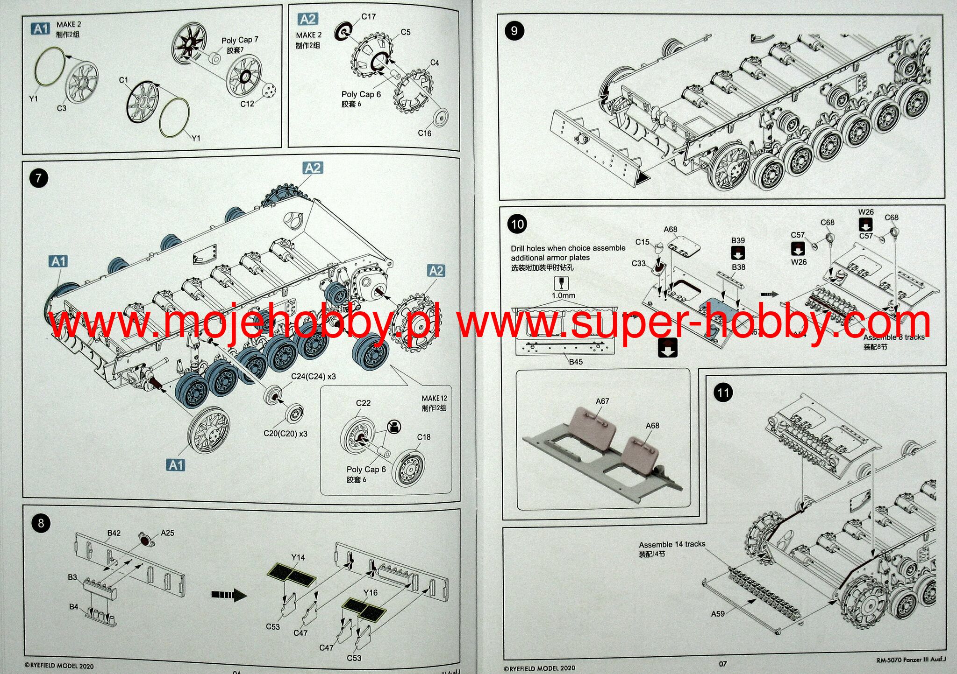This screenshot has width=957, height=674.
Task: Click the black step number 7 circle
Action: click(x=38, y=178)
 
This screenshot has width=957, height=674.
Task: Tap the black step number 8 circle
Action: click(x=41, y=523)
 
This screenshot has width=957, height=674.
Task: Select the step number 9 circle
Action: click(x=514, y=31)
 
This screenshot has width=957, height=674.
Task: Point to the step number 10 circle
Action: click(x=517, y=224)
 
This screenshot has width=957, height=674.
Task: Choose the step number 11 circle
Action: click(x=723, y=393)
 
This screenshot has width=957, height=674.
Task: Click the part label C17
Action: click(x=368, y=17)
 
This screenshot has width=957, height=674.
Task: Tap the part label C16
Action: click(x=424, y=133)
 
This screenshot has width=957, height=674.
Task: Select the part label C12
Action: click(x=247, y=104)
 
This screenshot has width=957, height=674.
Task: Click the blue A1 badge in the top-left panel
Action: click(x=41, y=28)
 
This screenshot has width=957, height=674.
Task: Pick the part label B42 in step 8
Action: click(x=114, y=533)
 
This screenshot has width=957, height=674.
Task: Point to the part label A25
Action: click(x=167, y=533)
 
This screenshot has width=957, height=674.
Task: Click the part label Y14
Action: click(x=298, y=557)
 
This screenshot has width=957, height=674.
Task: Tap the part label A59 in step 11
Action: click(x=718, y=614)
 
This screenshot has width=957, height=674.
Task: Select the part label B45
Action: click(x=576, y=362)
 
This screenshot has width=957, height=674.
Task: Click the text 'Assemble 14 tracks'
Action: click(x=672, y=544)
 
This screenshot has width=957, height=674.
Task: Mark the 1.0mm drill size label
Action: click(x=563, y=295)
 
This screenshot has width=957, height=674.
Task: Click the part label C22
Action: click(x=363, y=403)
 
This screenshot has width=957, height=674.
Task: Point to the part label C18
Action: click(x=423, y=437)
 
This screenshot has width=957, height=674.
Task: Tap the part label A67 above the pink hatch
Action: click(x=602, y=401)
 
